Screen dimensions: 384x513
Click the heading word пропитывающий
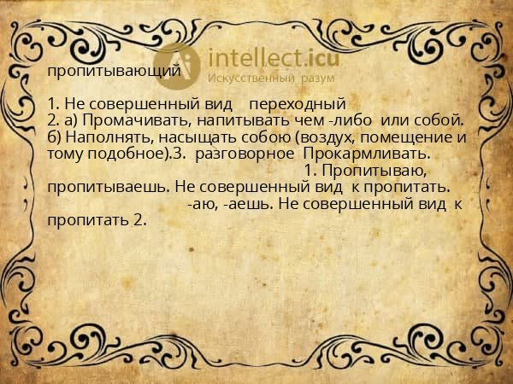(x=114, y=71)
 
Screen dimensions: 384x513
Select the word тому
(x=65, y=154)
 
